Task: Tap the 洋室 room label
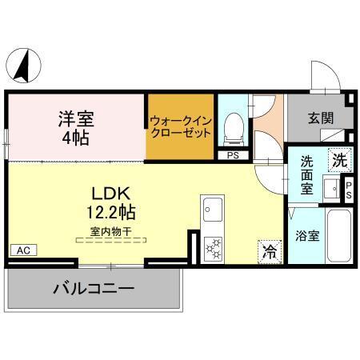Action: coord(76,120)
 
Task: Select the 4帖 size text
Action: coord(76,138)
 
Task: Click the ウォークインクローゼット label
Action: coord(180,127)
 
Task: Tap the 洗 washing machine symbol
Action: coord(340,159)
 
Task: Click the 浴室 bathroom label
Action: coord(307,236)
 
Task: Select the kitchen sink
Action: coord(212,210)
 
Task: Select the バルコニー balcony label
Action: coord(94,288)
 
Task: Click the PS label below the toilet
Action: coord(233,155)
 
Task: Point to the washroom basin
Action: coord(330,189)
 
